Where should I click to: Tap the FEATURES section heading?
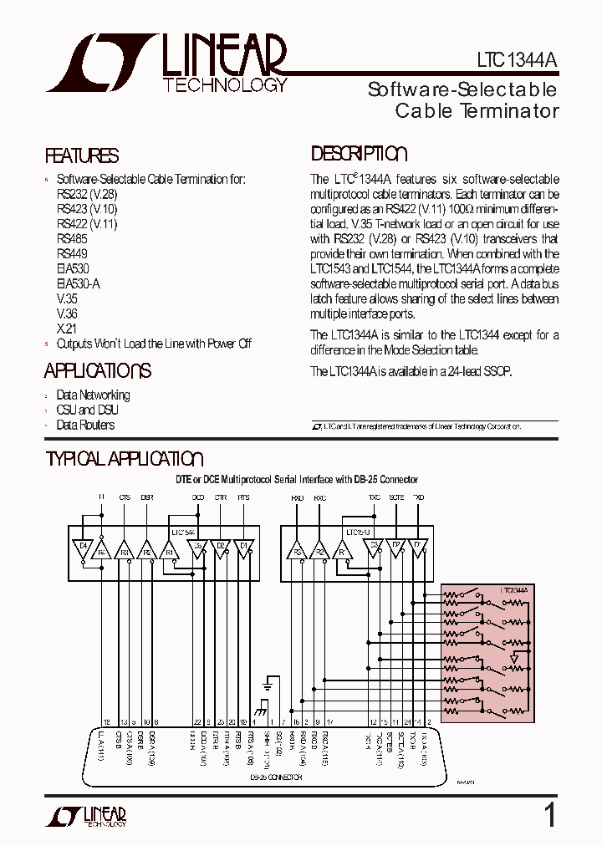point(81,155)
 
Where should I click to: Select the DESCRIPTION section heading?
point(359,154)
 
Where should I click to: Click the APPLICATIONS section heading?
point(97,370)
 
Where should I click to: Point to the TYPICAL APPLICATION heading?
point(124,459)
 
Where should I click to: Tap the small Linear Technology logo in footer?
point(92,816)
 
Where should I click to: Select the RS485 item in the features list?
point(72,238)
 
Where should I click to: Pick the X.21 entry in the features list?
point(66,329)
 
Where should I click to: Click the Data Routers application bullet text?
point(85,425)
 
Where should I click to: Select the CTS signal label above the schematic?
point(125,497)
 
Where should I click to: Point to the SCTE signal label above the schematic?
point(396,497)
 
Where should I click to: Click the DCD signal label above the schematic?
point(198,497)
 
